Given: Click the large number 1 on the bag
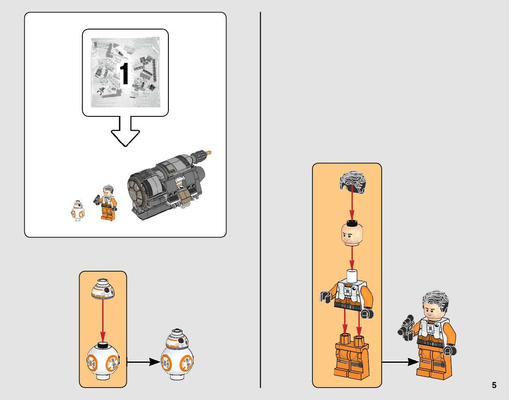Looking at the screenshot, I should click(124, 74).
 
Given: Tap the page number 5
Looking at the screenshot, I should click(494, 385).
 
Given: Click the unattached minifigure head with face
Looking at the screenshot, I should click(352, 233).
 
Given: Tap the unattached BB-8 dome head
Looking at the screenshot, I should click(103, 289).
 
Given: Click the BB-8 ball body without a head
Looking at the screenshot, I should click(103, 361).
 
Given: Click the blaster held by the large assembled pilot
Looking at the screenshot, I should click(406, 328).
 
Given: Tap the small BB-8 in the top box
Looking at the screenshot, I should click(77, 210).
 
